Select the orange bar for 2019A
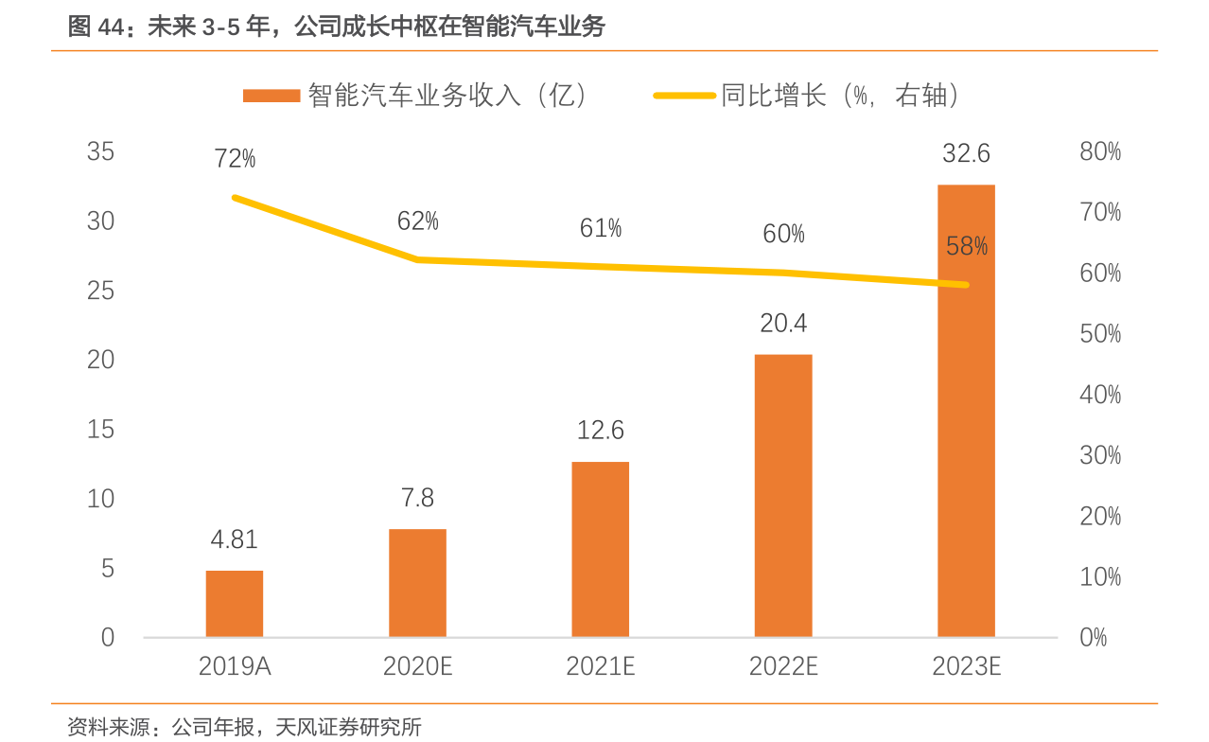[x=235, y=604]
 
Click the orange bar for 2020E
[x=417, y=583]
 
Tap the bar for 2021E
[x=601, y=549]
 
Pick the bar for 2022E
[x=783, y=495]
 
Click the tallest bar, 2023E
[x=966, y=411]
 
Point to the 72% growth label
[x=235, y=159]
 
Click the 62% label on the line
[x=417, y=221]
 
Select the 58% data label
[x=966, y=247]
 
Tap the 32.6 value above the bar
[x=966, y=153]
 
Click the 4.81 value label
[x=234, y=539]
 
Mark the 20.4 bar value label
[x=783, y=324]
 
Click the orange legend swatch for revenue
[x=272, y=96]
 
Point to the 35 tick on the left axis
[x=100, y=151]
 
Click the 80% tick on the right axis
[x=1099, y=151]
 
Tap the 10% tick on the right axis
[x=1099, y=576]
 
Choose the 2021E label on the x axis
[x=601, y=666]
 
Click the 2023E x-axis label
[x=966, y=666]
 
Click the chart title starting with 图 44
[x=336, y=26]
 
